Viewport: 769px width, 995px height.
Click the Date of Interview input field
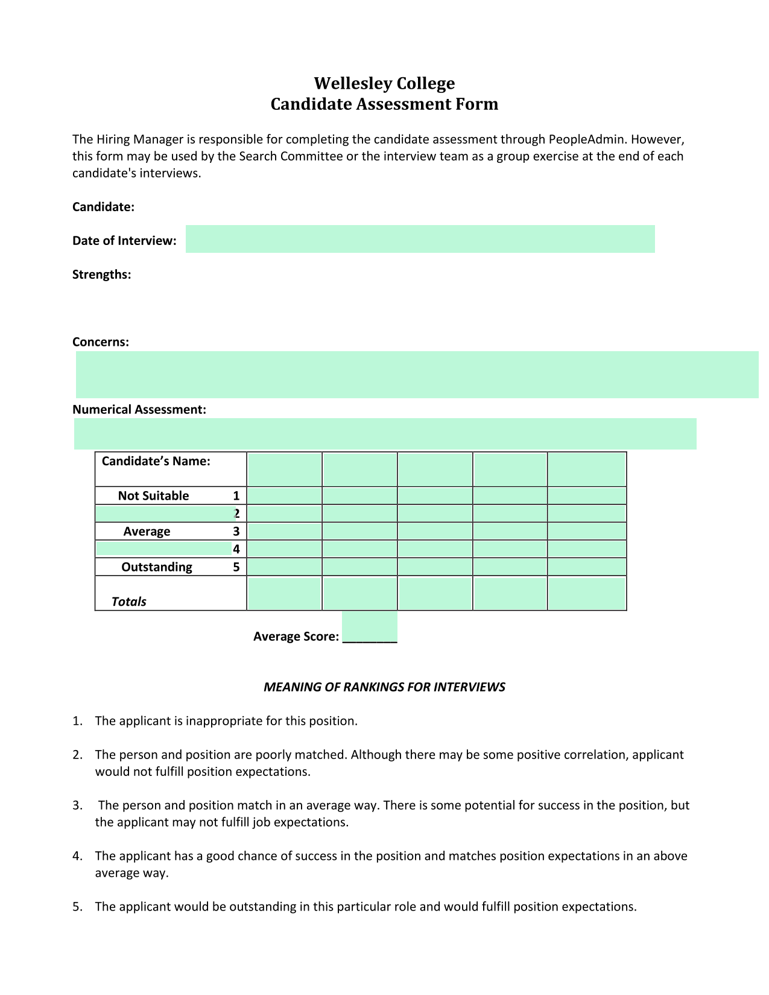point(420,239)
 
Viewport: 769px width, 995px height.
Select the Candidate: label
point(103,207)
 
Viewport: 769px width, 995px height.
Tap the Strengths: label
point(101,275)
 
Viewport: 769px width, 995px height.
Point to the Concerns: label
point(101,342)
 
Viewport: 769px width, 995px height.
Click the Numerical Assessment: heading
point(139,410)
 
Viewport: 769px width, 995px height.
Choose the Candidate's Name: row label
point(156,462)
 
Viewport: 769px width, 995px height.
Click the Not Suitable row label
point(153,496)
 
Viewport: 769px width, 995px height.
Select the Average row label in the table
point(147,532)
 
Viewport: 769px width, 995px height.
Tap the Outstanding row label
point(157,567)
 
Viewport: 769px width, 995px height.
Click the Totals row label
point(128,602)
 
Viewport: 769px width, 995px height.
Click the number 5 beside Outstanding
point(236,567)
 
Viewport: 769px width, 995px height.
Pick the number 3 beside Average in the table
point(236,532)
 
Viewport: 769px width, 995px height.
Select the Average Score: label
point(296,637)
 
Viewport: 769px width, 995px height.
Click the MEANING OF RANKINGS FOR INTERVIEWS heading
point(384,687)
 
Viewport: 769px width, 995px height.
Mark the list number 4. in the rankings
point(77,856)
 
